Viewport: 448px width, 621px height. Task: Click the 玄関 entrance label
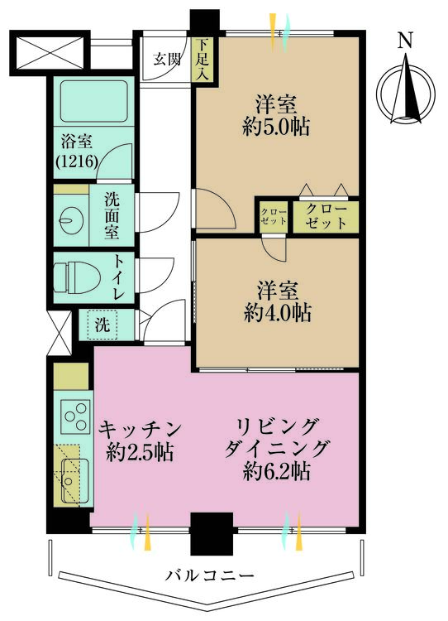pos(164,59)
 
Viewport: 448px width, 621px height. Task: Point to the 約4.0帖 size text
pos(277,313)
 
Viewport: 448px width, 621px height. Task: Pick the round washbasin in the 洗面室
pos(70,219)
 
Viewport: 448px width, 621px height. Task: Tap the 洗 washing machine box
pos(101,325)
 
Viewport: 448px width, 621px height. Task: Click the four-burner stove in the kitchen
pos(75,413)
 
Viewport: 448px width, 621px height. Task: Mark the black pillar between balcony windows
pos(210,533)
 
